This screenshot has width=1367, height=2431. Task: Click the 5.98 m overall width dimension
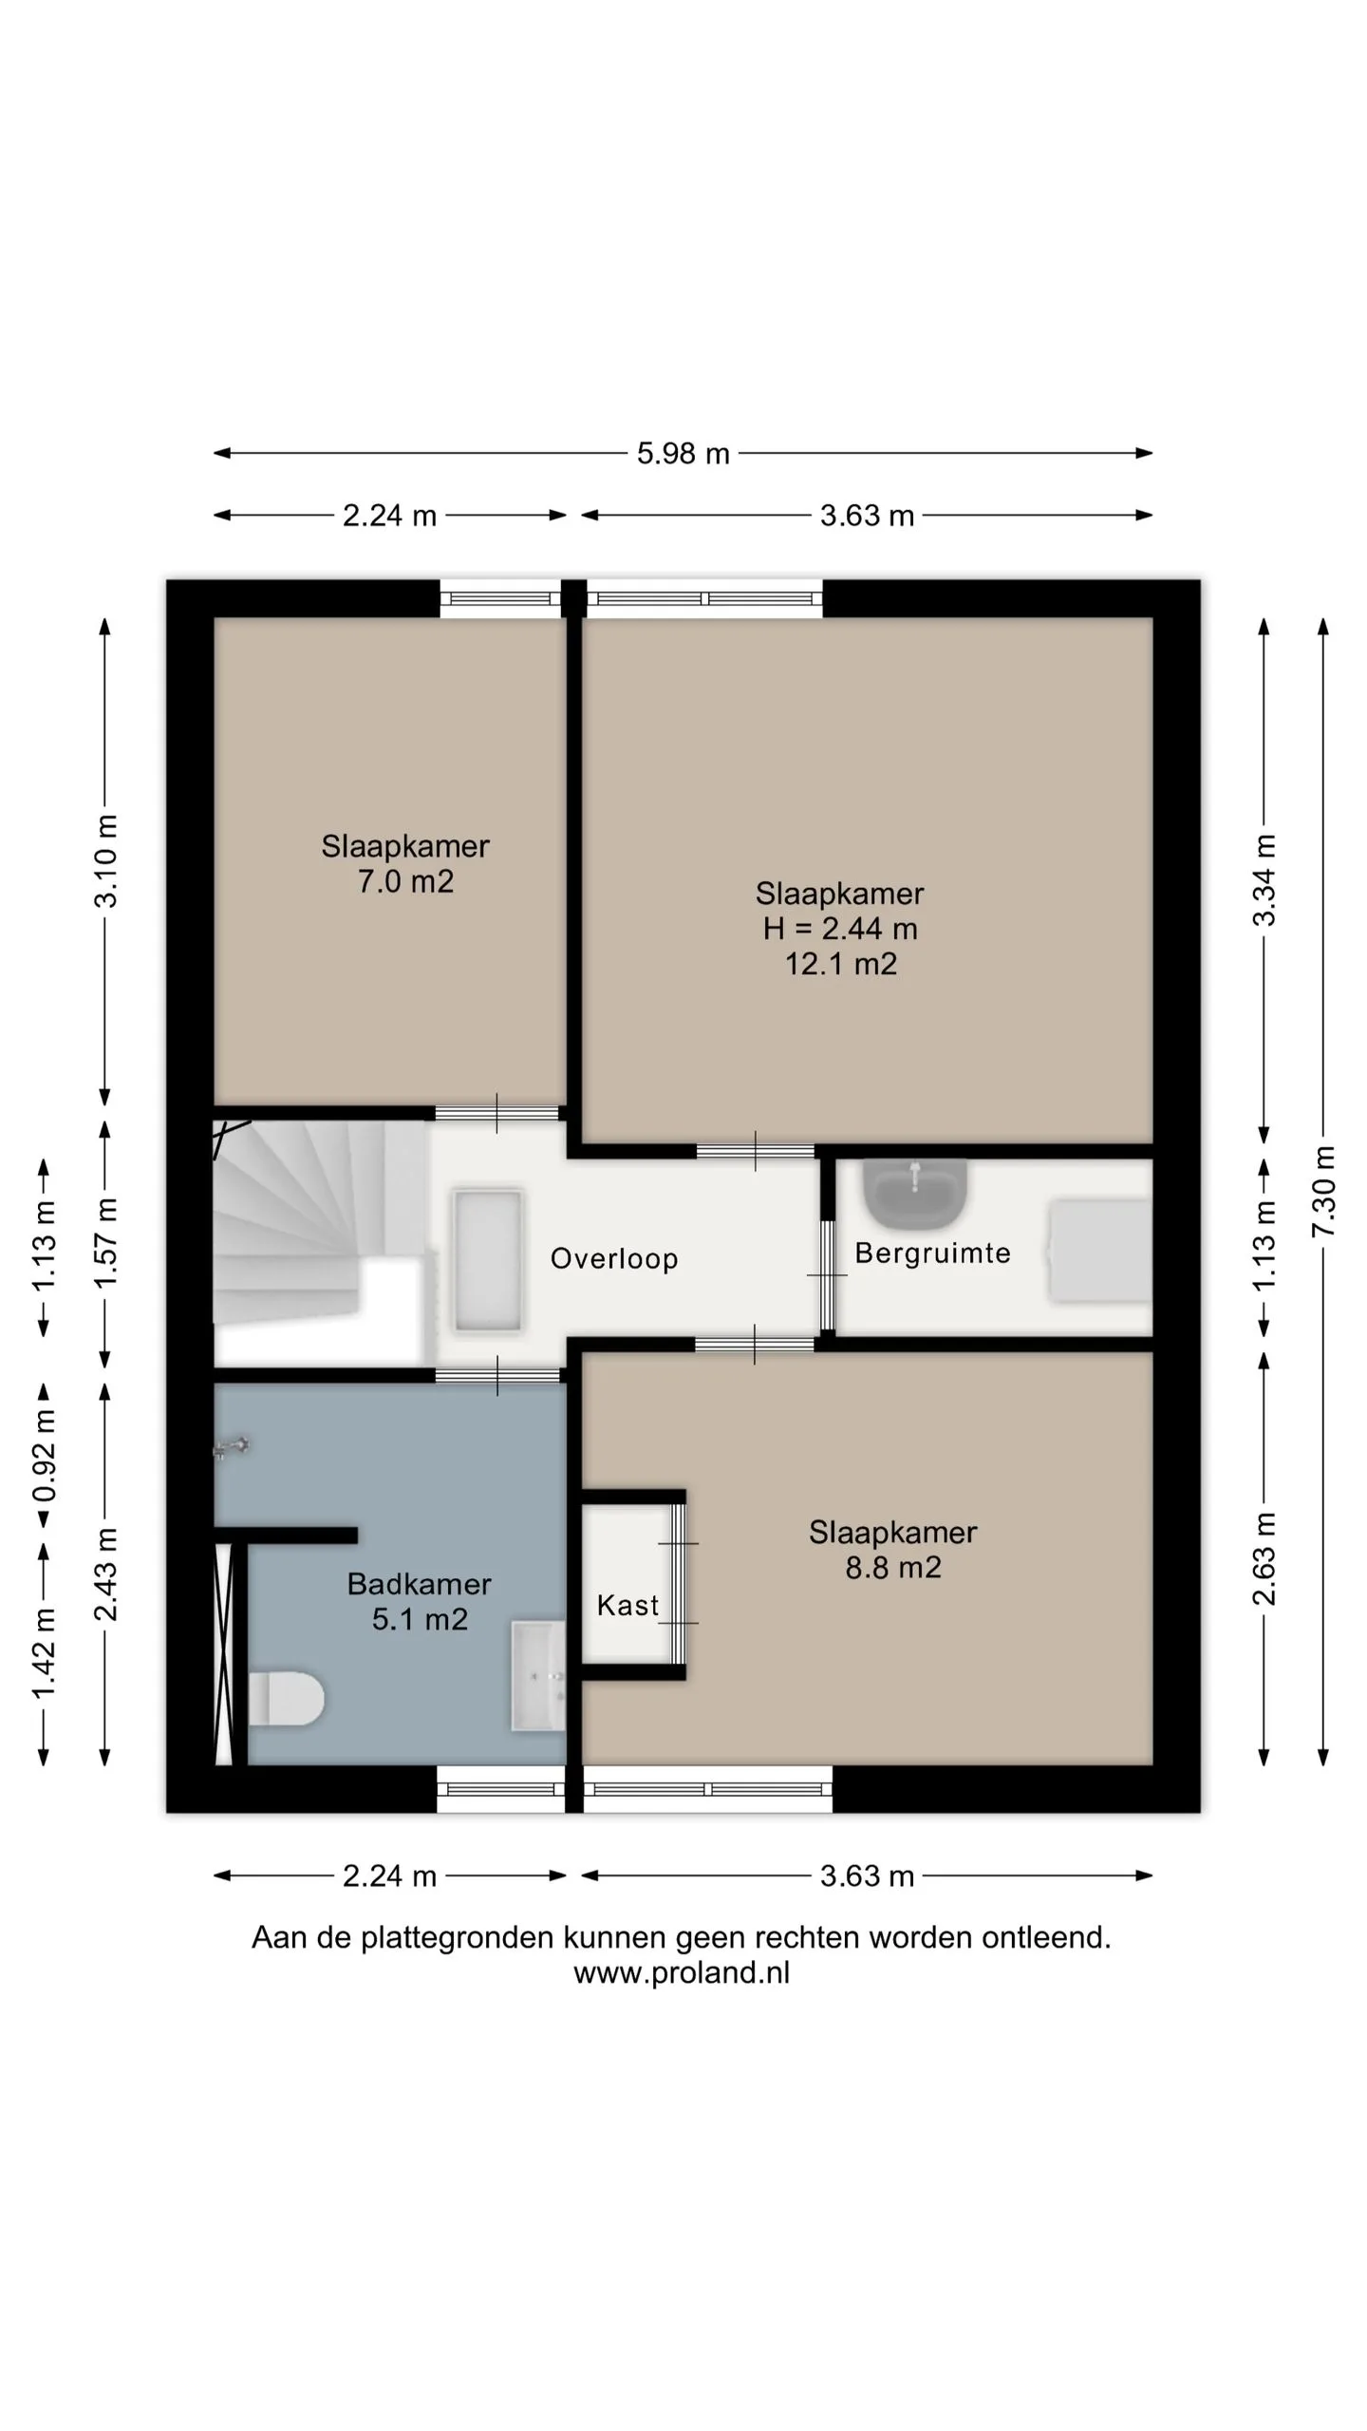[x=683, y=454]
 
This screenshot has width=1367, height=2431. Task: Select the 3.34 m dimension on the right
[x=1264, y=880]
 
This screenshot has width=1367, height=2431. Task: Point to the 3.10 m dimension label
[x=105, y=860]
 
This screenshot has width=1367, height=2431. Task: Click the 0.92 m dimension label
[x=44, y=1456]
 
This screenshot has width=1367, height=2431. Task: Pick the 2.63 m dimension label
[x=1264, y=1558]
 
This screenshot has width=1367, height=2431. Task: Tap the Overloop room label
[x=614, y=1258]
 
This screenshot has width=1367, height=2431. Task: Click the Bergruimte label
[x=932, y=1253]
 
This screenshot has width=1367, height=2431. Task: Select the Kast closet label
[x=627, y=1605]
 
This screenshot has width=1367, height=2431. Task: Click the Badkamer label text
[x=419, y=1584]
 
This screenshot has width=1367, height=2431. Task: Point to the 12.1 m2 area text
[x=840, y=964]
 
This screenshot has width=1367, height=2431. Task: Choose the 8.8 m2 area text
[x=893, y=1567]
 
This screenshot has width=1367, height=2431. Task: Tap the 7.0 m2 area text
[x=405, y=881]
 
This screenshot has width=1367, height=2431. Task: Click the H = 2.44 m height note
[x=840, y=929]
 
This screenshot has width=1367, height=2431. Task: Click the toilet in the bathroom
[x=286, y=1698]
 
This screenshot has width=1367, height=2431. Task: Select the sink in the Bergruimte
[x=915, y=1192]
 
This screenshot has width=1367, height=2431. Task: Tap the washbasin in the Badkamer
[x=538, y=1675]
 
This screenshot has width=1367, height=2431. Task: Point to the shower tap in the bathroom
[x=232, y=1448]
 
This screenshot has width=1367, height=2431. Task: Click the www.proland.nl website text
[x=682, y=1972]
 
